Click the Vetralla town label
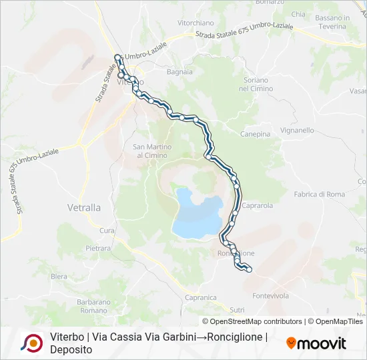click(x=84, y=207)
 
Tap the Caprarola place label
click(x=258, y=205)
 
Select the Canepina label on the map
click(x=256, y=134)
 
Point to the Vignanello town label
click(x=298, y=131)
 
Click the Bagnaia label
click(x=179, y=71)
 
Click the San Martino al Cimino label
click(x=152, y=151)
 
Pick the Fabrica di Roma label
click(x=320, y=194)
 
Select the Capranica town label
click(x=201, y=297)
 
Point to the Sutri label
click(x=237, y=309)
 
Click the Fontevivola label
click(x=270, y=295)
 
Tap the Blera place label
click(x=59, y=276)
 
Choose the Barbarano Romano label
click(x=93, y=306)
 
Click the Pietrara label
click(x=98, y=248)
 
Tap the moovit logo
click(x=316, y=343)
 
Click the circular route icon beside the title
click(x=31, y=343)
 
